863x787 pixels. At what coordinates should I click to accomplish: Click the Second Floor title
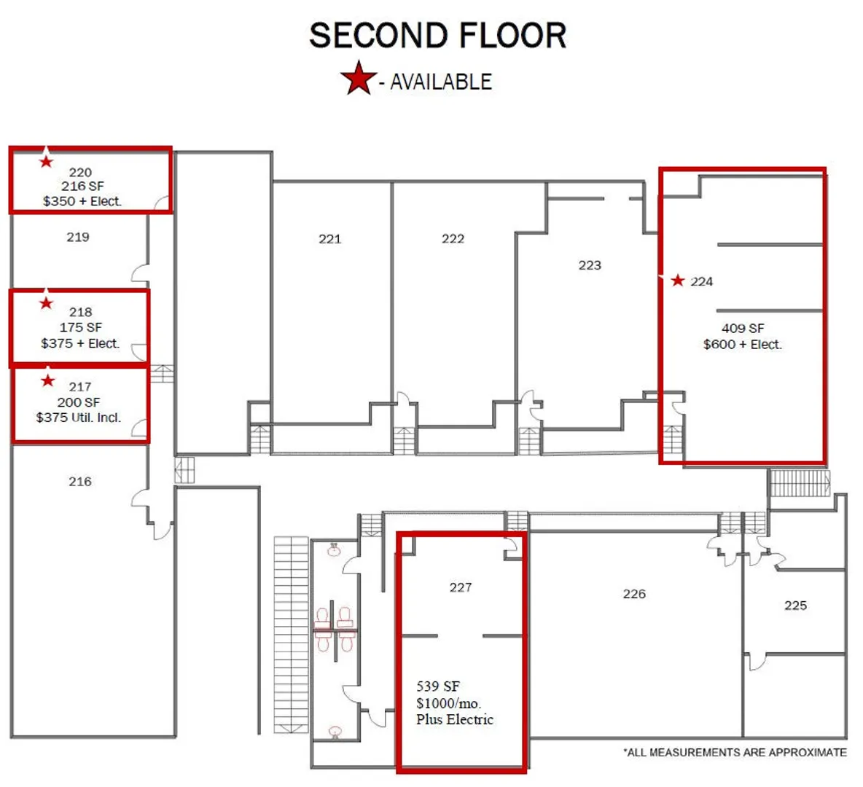(x=437, y=36)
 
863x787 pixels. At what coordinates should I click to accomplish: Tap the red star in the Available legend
(x=359, y=78)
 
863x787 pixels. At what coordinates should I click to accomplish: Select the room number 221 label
(x=329, y=239)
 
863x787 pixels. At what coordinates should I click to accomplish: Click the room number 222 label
(x=453, y=238)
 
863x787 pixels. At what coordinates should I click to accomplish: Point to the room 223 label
(x=590, y=265)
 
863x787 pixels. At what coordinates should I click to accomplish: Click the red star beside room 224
(x=678, y=280)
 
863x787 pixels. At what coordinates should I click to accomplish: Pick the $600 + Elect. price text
(x=743, y=345)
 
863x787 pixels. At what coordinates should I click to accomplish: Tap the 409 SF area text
(x=743, y=329)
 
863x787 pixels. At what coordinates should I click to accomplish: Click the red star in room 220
(x=46, y=161)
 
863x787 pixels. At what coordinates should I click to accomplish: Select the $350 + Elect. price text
(x=82, y=201)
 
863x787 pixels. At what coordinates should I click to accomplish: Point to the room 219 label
(x=77, y=238)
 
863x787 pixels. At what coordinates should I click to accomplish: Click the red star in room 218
(x=46, y=302)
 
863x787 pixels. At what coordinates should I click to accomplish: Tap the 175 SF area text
(x=80, y=327)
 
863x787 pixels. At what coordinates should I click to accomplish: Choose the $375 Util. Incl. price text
(x=78, y=418)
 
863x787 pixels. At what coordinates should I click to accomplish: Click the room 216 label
(x=79, y=482)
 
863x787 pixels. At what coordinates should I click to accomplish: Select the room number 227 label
(x=460, y=588)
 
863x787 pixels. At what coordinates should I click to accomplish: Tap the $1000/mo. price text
(x=448, y=703)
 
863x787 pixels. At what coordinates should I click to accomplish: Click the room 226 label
(x=634, y=594)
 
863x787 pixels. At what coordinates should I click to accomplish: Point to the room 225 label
(x=795, y=606)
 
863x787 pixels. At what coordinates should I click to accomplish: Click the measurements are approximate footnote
(x=735, y=752)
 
